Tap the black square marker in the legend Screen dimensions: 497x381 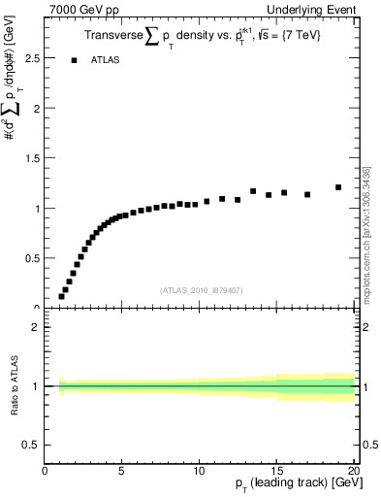[x=74, y=60]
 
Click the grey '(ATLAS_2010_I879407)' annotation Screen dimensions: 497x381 [x=200, y=289]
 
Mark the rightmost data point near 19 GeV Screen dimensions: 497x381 [x=338, y=187]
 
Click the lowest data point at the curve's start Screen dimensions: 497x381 [x=61, y=297]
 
